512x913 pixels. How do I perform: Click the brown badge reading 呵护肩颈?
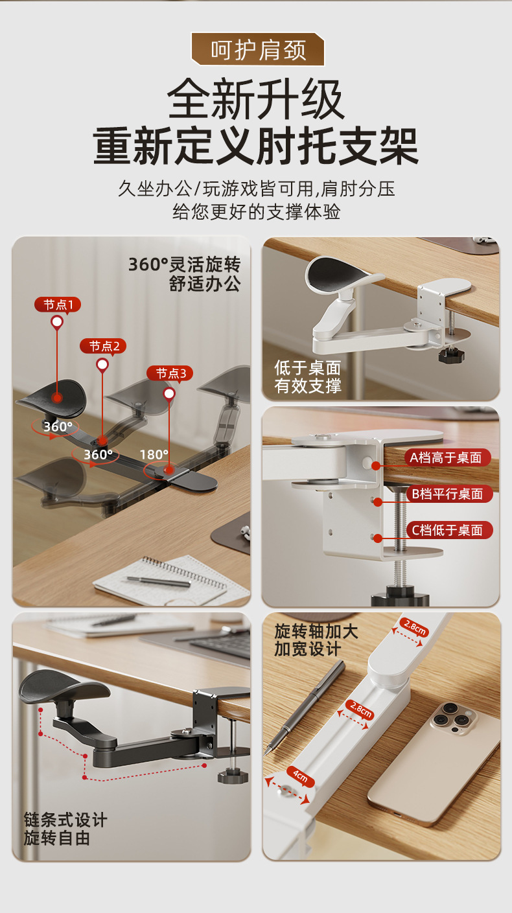point(258,49)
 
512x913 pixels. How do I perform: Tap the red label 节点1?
point(58,305)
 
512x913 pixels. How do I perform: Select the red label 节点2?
point(103,347)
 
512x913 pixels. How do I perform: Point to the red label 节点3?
point(170,373)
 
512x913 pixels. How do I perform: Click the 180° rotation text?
point(154,454)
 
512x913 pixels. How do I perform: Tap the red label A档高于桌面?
point(447,457)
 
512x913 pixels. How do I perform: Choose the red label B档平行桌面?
point(449,494)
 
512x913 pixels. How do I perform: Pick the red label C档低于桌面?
point(449,530)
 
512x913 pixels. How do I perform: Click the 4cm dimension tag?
point(301,777)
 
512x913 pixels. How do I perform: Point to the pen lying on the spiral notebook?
point(158,582)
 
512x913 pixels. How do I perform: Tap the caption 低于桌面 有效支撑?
point(307,376)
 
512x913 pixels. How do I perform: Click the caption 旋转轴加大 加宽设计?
point(316,639)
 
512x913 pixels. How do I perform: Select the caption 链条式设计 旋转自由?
point(65,829)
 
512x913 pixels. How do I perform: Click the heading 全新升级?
point(256,99)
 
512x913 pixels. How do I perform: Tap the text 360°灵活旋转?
point(185,264)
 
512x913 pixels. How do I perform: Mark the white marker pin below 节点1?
point(57,323)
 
